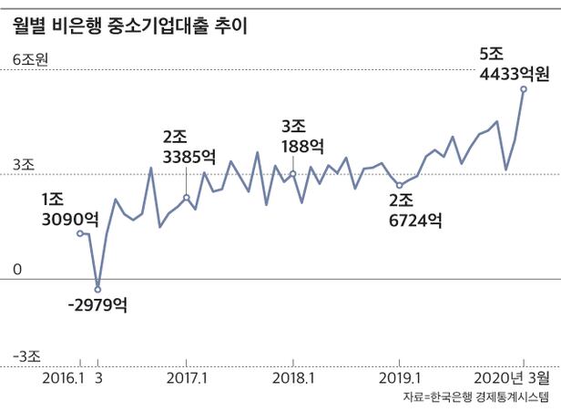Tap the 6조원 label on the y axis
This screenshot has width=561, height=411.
tap(30, 61)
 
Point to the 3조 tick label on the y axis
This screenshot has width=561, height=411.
tap(22, 166)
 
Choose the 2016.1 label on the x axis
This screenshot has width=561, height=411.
tap(63, 377)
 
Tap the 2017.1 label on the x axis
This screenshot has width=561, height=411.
tap(188, 377)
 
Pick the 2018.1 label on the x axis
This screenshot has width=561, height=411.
tap(293, 377)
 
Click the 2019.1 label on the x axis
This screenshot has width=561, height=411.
tap(399, 377)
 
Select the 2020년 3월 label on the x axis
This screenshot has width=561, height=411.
tap(513, 377)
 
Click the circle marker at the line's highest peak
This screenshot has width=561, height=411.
tap(523, 89)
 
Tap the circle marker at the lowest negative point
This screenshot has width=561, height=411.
tap(98, 290)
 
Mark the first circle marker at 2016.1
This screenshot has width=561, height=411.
tap(80, 234)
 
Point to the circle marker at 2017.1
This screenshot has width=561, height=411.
tap(187, 198)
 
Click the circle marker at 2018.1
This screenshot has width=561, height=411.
tap(293, 173)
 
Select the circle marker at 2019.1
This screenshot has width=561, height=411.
tap(399, 186)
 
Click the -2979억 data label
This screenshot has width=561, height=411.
tap(97, 305)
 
